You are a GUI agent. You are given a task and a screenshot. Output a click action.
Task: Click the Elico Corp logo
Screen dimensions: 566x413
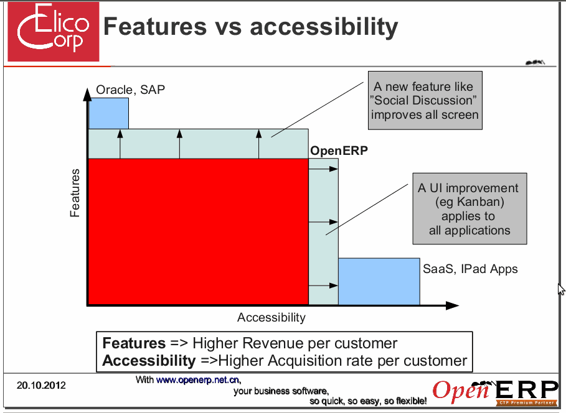tap(54, 31)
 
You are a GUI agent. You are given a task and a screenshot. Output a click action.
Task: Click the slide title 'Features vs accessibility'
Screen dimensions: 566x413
tap(250, 27)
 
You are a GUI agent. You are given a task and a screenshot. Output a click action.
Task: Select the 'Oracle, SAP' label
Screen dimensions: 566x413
tap(130, 90)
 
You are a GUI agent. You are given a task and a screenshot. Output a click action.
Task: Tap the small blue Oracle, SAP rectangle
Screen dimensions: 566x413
tap(108, 113)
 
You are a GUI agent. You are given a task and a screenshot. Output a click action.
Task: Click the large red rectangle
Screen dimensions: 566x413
tap(198, 231)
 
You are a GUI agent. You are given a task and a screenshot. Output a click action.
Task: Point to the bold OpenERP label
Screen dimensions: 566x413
tap(339, 151)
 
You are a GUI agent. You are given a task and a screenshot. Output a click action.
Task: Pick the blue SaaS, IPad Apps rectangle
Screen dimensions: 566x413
tap(379, 281)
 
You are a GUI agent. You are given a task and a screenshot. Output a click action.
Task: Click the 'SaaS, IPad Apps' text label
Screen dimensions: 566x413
tap(470, 269)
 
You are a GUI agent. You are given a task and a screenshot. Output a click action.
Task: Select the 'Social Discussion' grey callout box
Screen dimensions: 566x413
tap(425, 100)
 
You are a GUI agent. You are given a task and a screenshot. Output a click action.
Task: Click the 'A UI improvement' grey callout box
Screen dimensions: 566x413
tap(469, 209)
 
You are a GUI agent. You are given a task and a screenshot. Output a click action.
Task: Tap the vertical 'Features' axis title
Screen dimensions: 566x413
tap(75, 193)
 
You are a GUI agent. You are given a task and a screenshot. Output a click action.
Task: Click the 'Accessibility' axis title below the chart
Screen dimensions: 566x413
tap(271, 317)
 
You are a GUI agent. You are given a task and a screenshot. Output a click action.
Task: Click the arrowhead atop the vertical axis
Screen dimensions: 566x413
tap(87, 94)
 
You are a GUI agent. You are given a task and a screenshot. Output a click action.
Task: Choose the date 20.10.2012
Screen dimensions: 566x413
tap(41, 386)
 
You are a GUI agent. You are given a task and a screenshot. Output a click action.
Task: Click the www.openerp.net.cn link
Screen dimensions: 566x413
tap(197, 380)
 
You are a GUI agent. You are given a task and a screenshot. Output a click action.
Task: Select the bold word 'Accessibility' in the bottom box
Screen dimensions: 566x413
tap(149, 361)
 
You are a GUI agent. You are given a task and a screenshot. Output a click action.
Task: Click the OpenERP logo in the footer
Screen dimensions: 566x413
tap(495, 392)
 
